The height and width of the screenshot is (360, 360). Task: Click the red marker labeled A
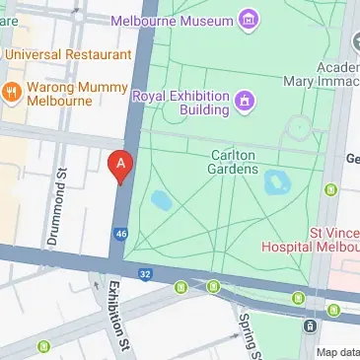(x=119, y=166)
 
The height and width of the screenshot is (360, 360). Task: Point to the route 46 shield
(x=120, y=234)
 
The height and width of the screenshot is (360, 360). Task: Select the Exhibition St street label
(x=117, y=317)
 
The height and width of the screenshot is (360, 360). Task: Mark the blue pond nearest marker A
(x=160, y=201)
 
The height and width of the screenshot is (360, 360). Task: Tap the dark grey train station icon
(x=311, y=326)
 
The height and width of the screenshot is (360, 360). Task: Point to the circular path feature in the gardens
(x=298, y=127)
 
